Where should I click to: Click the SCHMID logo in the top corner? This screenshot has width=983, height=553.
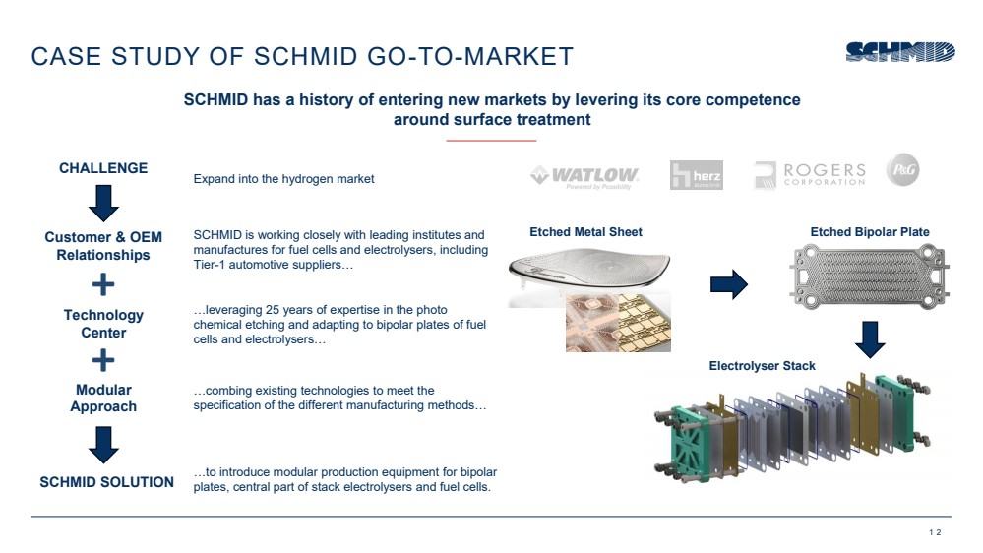tap(900, 52)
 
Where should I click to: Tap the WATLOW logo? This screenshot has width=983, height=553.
tap(584, 177)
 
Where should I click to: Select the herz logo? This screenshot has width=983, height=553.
tap(696, 175)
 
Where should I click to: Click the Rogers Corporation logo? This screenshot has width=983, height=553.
tap(810, 175)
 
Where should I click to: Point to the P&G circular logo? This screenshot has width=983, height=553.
tap(902, 169)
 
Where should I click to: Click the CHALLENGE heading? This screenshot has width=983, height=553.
tap(103, 168)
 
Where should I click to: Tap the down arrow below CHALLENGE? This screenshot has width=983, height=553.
tap(103, 203)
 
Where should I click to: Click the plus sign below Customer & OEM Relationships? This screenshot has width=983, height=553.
tap(103, 284)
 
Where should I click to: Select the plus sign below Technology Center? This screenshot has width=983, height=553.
tap(103, 360)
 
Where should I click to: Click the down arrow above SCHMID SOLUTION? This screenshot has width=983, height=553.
tap(103, 445)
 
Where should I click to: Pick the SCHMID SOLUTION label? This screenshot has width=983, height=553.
tap(106, 482)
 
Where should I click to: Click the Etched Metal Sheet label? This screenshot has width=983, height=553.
tap(585, 232)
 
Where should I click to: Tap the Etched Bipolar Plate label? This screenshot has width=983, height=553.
tap(870, 232)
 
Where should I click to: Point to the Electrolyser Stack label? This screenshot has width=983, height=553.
tap(762, 365)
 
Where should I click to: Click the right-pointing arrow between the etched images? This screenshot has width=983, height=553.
tap(728, 284)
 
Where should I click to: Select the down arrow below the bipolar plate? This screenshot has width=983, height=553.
tap(870, 339)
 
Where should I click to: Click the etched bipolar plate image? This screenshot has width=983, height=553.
tap(869, 276)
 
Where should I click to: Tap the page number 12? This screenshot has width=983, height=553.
tap(935, 532)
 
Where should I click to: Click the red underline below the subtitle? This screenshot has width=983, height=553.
tap(492, 141)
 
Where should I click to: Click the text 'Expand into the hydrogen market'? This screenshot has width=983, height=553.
tap(283, 179)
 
